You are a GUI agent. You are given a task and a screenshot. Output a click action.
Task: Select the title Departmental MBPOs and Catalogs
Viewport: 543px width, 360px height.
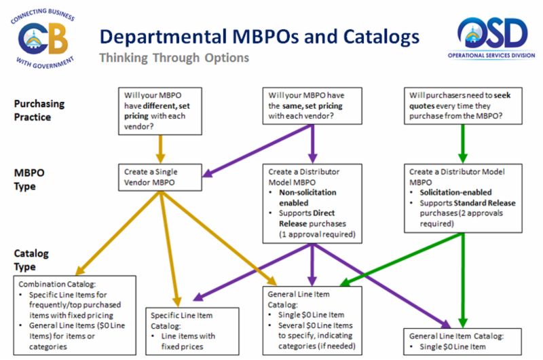[x=259, y=35]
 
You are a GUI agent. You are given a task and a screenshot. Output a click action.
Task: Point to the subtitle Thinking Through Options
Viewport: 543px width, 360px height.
[x=174, y=58]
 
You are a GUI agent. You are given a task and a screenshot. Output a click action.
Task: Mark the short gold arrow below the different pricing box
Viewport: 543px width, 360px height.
[x=161, y=145]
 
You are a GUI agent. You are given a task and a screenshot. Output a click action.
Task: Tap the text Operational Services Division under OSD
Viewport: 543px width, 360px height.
[x=493, y=57]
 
